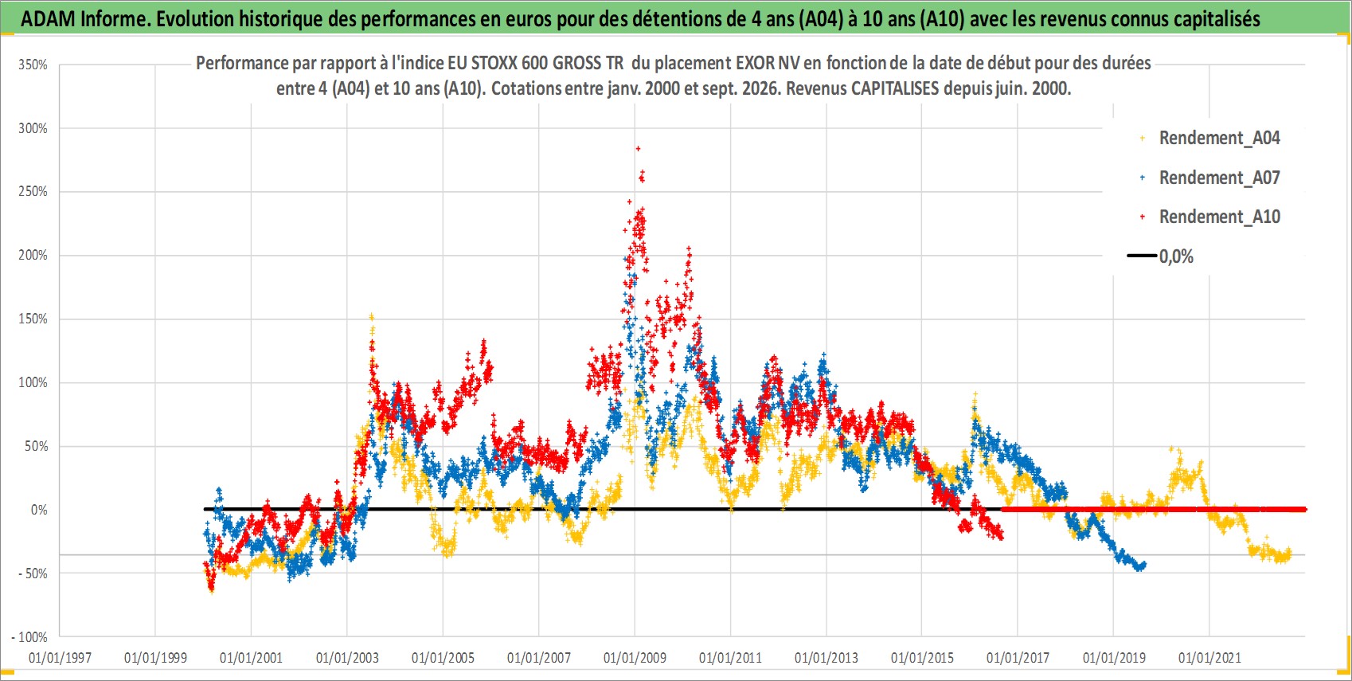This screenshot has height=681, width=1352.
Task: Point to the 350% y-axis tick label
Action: (33, 65)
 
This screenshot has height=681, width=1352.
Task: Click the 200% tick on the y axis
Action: (33, 256)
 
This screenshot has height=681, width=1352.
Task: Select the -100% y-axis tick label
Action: (29, 637)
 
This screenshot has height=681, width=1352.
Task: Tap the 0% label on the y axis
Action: (39, 510)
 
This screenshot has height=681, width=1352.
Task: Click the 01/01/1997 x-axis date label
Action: (60, 657)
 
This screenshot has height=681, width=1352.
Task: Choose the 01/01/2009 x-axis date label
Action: (635, 657)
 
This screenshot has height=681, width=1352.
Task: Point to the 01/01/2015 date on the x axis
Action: (922, 657)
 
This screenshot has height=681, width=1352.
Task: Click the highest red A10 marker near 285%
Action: (638, 148)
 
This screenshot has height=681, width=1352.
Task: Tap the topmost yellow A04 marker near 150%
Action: (372, 316)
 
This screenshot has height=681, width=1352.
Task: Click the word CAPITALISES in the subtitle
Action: (895, 88)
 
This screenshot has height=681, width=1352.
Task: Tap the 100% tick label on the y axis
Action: (33, 383)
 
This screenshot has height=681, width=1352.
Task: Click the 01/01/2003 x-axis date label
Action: (347, 657)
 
